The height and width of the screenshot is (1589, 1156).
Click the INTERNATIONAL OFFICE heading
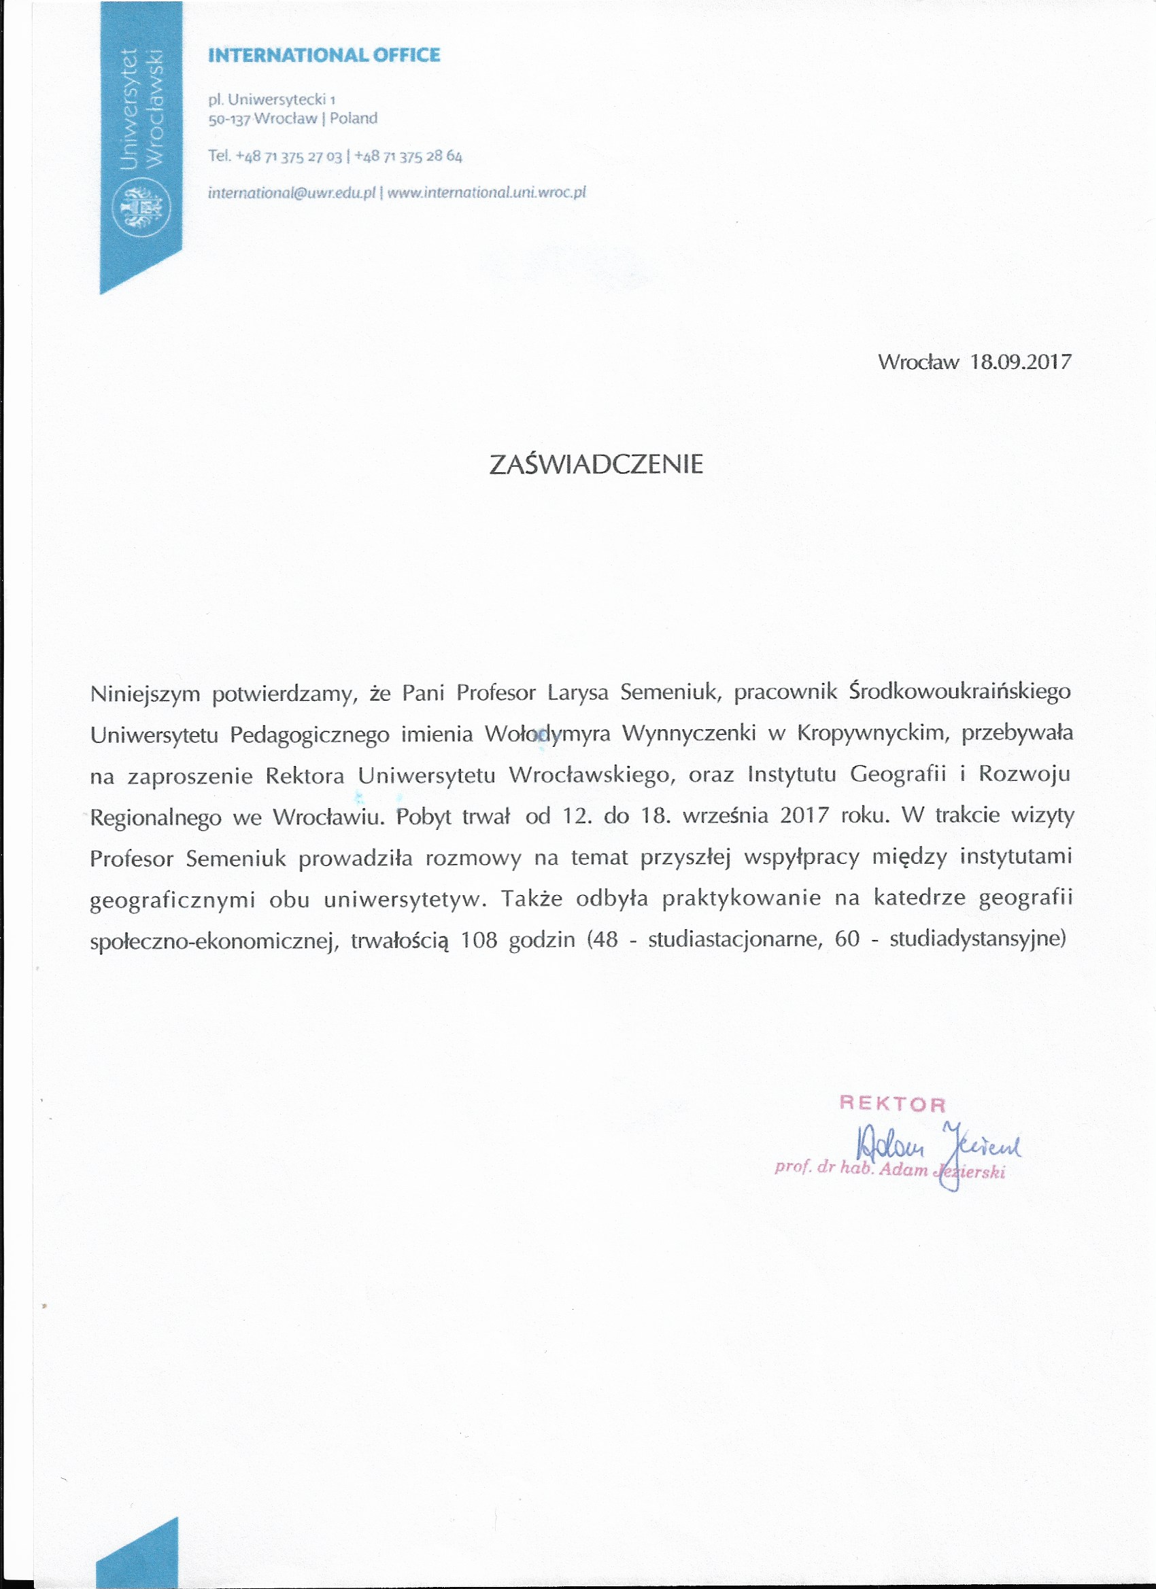coord(324,55)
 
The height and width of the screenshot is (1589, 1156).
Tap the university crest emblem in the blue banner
coord(141,207)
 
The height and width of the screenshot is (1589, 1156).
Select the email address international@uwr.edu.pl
coord(292,192)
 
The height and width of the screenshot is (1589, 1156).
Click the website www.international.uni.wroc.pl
coord(486,192)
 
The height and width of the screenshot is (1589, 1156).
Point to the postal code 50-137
coord(229,119)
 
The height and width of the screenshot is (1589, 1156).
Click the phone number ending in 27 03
coord(289,156)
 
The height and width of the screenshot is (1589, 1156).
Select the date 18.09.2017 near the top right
coord(1021,362)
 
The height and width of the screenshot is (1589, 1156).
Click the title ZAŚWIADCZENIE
coord(596,464)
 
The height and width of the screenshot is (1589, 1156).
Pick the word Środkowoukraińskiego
coord(959,691)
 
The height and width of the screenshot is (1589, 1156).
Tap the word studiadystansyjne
coord(977,939)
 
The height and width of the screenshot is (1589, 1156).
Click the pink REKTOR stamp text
coord(892,1105)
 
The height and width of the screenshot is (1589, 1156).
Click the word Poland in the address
coord(354,118)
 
